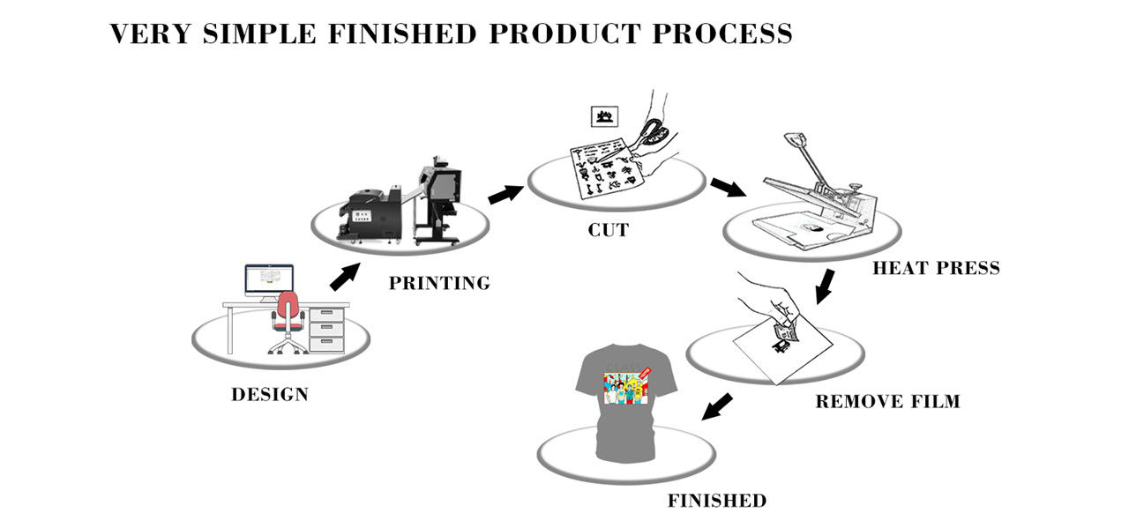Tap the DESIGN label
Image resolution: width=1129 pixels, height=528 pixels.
click(x=270, y=395)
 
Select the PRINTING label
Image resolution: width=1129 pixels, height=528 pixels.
click(x=439, y=284)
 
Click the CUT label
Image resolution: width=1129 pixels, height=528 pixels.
click(x=609, y=231)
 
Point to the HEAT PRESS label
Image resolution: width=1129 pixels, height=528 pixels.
click(x=936, y=268)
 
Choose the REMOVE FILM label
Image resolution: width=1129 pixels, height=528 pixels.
click(x=887, y=402)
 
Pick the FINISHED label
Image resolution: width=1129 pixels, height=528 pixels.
click(x=716, y=502)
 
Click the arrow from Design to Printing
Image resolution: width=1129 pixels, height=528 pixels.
click(x=345, y=275)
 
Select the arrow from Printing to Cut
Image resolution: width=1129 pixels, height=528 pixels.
click(x=505, y=192)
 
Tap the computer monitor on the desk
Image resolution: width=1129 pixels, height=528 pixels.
click(x=269, y=281)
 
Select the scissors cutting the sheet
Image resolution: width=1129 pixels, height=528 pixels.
click(x=654, y=132)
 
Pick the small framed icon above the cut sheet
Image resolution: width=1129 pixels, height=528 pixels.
click(x=605, y=115)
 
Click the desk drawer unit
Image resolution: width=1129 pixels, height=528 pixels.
click(x=326, y=328)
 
